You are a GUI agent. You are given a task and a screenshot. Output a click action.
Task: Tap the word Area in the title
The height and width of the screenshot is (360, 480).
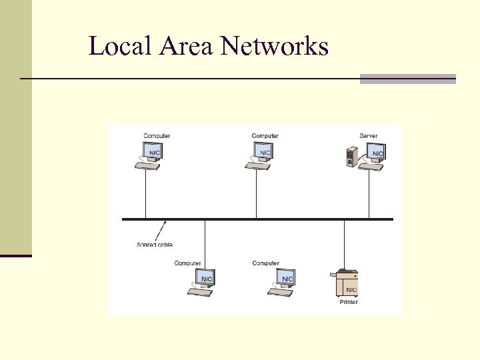point(177,46)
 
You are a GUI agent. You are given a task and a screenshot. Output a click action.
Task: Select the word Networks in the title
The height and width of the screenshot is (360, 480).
point(274,46)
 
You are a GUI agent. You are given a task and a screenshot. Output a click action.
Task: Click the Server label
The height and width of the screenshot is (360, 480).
point(369,136)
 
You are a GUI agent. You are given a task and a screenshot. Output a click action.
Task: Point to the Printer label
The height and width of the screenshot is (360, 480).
point(349,302)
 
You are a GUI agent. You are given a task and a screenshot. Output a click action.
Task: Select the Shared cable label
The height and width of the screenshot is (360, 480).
point(155,245)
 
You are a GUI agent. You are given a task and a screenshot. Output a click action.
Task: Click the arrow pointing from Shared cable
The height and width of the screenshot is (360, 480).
point(161,231)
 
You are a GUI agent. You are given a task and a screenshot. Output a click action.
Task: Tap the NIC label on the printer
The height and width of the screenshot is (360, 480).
point(351,290)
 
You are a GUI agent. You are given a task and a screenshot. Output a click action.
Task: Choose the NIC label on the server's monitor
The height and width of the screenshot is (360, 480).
point(377,153)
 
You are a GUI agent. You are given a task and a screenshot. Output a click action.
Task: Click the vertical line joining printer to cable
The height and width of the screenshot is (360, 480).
point(344,243)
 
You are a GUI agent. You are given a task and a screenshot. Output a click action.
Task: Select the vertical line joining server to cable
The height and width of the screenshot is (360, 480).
point(369,193)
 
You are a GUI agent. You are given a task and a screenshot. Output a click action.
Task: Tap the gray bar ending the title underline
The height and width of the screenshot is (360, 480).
point(408,79)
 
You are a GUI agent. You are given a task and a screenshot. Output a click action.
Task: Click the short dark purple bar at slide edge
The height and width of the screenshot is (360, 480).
point(16,255)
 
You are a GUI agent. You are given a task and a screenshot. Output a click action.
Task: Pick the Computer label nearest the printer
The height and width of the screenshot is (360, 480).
point(265,263)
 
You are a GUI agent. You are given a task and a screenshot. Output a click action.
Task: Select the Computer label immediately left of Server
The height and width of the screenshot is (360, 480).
point(265,136)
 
